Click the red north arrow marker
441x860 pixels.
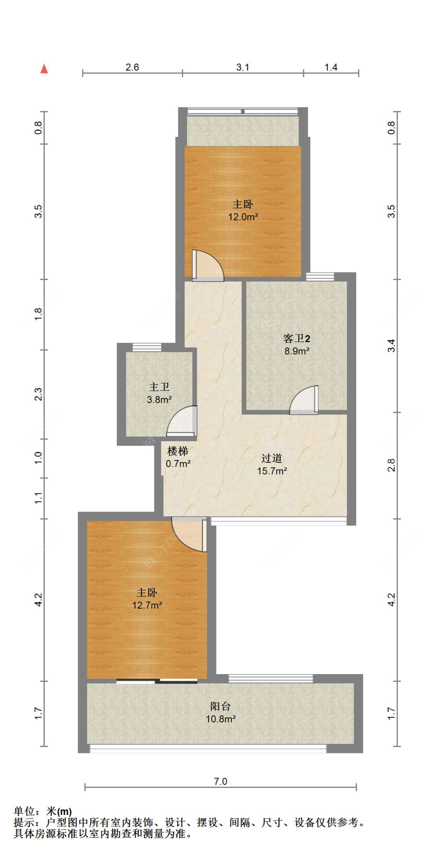[x=44, y=69]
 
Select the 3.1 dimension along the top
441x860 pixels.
[x=243, y=67]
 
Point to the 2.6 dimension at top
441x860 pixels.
[x=132, y=67]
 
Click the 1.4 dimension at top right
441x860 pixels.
[x=331, y=67]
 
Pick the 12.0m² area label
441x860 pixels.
[x=243, y=217]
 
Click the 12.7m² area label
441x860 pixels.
[x=147, y=605]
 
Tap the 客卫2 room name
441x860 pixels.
[x=297, y=338]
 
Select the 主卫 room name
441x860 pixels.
[x=159, y=387]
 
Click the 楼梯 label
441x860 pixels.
[x=178, y=451]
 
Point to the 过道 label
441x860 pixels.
[x=272, y=458]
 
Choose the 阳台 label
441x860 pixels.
[x=220, y=706]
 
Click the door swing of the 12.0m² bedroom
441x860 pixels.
[x=208, y=265]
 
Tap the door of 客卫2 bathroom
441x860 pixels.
[x=304, y=400]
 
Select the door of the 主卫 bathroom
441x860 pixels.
[x=182, y=421]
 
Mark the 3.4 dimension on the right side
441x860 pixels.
[x=391, y=345]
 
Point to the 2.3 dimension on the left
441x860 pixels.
[x=38, y=394]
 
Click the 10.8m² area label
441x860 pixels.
[x=221, y=719]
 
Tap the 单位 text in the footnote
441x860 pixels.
[x=24, y=811]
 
